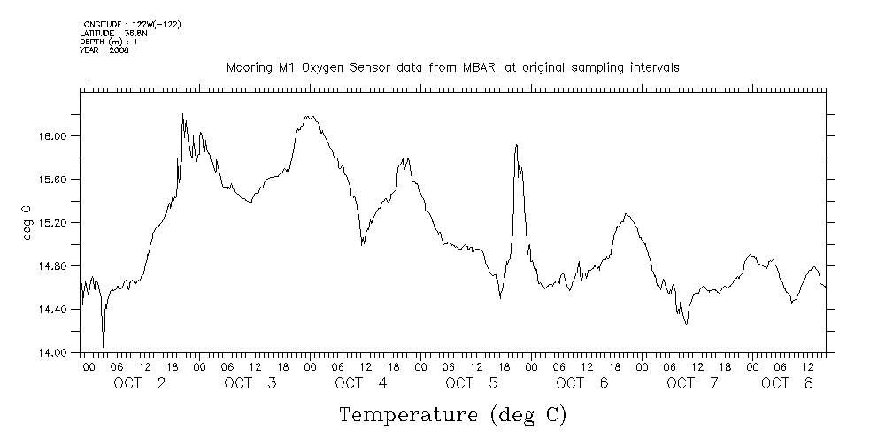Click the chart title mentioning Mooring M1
pos(452,67)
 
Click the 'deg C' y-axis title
pos(26,223)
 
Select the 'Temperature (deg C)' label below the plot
pos(452,415)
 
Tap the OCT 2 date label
pos(140,383)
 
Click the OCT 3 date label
pos(250,383)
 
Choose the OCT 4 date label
pos(361,383)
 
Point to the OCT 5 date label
pos(472,383)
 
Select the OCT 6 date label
pos(582,383)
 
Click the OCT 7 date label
pos(693,383)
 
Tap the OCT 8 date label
pos(788,383)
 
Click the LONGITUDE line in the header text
pos(130,24)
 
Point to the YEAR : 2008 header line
pos(104,50)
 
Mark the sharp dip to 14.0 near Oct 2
pos(104,348)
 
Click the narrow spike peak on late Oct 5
pos(516,145)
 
